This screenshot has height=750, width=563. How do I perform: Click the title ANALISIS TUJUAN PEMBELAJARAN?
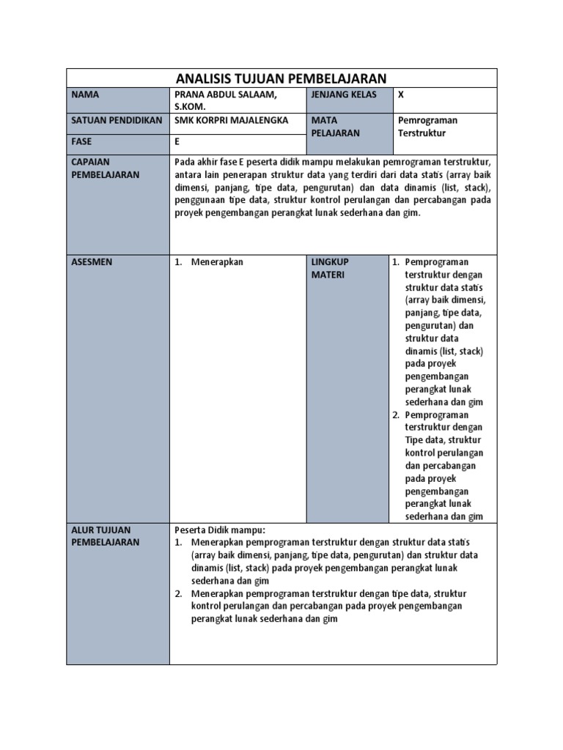(281, 78)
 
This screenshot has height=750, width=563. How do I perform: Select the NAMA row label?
(85, 94)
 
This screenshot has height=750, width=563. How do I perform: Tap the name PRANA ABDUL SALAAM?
(224, 94)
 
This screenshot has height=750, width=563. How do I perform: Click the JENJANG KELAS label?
(344, 94)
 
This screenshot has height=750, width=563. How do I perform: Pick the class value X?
(400, 94)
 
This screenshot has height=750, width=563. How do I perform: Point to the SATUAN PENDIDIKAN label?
(117, 119)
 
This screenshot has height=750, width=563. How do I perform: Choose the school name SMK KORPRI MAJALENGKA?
(232, 119)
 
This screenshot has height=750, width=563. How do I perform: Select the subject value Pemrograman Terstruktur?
(427, 126)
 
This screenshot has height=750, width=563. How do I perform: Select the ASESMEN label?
(92, 261)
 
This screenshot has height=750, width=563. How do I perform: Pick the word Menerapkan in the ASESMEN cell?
(217, 261)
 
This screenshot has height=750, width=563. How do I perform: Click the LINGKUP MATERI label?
(330, 268)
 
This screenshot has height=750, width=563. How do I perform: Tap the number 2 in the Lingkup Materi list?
(395, 415)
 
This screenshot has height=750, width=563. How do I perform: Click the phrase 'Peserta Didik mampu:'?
(219, 530)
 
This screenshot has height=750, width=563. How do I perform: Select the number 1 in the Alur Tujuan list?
(178, 542)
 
